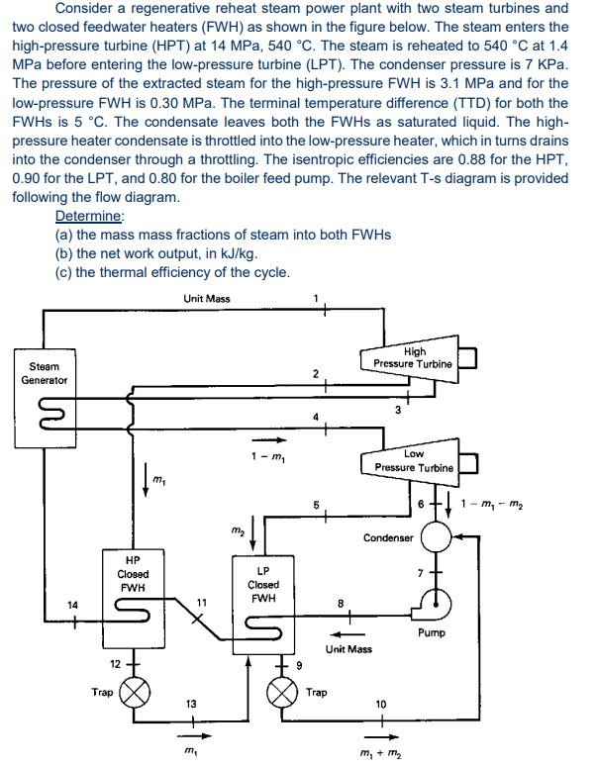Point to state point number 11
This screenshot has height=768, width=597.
click(x=201, y=601)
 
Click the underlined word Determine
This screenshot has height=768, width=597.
click(x=90, y=216)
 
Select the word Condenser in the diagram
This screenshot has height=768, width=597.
click(x=388, y=538)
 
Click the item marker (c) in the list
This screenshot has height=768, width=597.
click(x=65, y=272)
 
